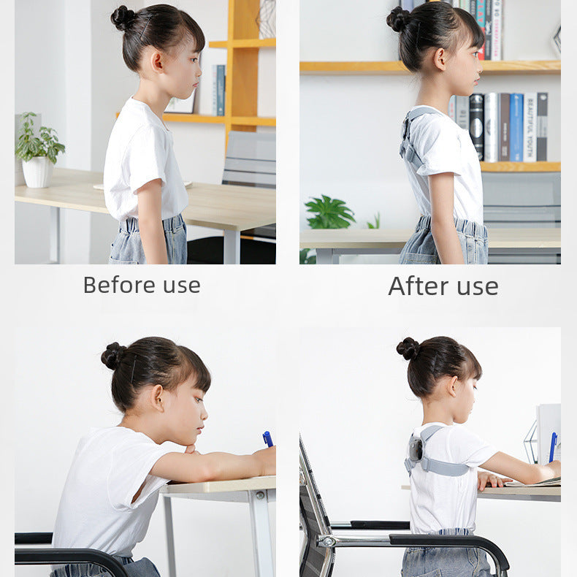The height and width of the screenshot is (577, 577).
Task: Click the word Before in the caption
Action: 119,285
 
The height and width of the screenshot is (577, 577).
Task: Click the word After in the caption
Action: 419,286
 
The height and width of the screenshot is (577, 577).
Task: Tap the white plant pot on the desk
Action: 37,172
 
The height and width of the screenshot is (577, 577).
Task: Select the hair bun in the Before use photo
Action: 123,18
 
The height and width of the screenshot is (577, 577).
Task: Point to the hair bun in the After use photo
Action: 397,20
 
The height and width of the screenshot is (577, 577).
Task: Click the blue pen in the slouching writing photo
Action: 267,439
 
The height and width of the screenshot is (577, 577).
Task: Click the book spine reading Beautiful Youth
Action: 530,127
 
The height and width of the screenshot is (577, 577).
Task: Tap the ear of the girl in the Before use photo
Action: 157,61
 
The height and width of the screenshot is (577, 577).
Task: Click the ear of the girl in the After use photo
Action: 440,59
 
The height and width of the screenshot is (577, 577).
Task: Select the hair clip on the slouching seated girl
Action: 133,369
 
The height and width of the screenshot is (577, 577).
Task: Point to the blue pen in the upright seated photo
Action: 553,446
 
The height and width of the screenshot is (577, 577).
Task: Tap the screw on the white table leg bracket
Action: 261,495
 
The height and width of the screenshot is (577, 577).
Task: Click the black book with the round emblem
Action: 476,127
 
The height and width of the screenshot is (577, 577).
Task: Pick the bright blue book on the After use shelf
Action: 516,127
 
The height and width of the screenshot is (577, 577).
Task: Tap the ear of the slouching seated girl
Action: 158,398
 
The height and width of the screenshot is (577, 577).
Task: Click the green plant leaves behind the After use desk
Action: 329,212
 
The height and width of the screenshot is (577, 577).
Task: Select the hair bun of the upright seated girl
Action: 408,348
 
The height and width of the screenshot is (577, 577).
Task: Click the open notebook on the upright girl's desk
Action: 533,482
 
